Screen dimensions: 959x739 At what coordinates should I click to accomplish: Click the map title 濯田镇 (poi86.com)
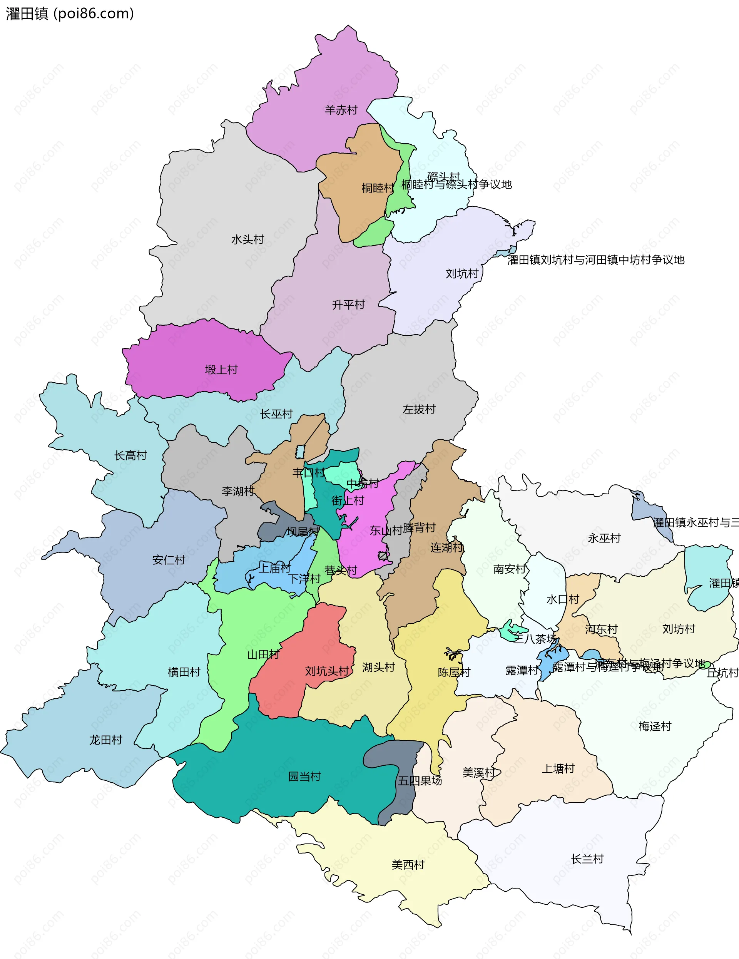pos(69,14)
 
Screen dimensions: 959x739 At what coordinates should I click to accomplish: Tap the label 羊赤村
pos(341,110)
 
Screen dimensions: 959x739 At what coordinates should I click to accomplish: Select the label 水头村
pos(247,240)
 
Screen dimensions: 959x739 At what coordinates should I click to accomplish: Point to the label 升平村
pos(348,305)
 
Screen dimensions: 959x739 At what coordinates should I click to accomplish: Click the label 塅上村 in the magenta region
pos(221,370)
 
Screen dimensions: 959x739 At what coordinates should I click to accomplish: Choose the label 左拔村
pos(419,409)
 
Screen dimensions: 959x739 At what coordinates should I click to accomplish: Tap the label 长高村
pos(130,455)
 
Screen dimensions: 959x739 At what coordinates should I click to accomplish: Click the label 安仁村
pos(169,560)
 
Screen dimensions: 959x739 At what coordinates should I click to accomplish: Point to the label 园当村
pos(304,777)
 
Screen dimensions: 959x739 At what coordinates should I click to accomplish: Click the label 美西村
pos(408,865)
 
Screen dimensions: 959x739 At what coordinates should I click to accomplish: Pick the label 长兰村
pos(587,859)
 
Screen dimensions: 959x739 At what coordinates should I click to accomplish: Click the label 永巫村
pos(604,538)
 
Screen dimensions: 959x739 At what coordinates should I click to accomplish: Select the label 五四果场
pos(420,781)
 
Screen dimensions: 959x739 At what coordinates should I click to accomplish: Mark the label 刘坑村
pos(462,274)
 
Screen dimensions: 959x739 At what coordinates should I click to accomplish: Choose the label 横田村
pos(184,672)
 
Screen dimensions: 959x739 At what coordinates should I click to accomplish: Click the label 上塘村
pos(558,768)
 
